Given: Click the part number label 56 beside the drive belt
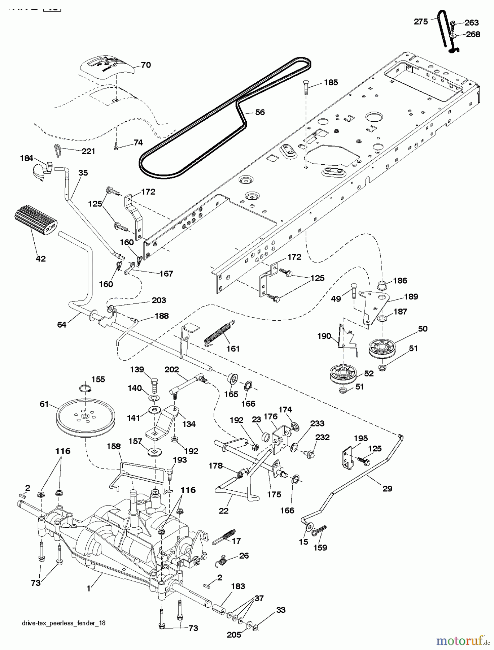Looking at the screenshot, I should coord(260,112).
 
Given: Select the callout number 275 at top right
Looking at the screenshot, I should coord(421,22).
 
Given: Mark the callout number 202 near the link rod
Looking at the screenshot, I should coord(172,370).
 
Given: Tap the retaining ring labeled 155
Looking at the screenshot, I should coord(86,388).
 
